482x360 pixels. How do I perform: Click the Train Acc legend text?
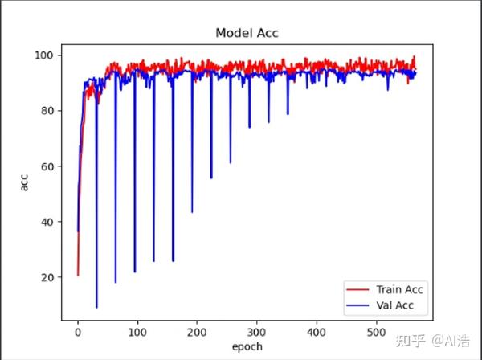401,289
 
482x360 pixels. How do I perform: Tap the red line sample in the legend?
357,289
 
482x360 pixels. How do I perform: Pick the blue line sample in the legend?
357,305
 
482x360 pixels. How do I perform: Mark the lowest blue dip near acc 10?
96,307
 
